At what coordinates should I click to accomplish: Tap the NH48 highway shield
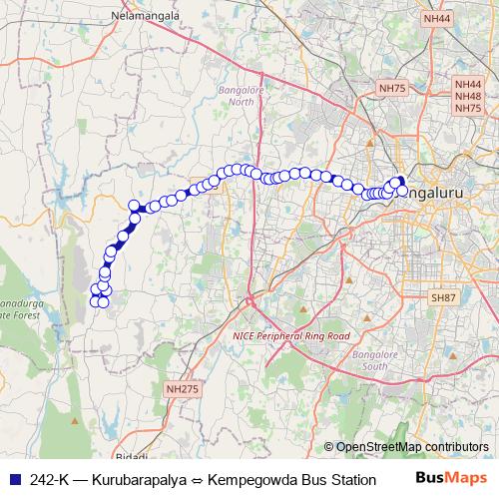click(x=467, y=97)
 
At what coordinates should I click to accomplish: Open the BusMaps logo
click(x=451, y=478)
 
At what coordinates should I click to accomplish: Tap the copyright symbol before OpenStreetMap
click(x=329, y=446)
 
